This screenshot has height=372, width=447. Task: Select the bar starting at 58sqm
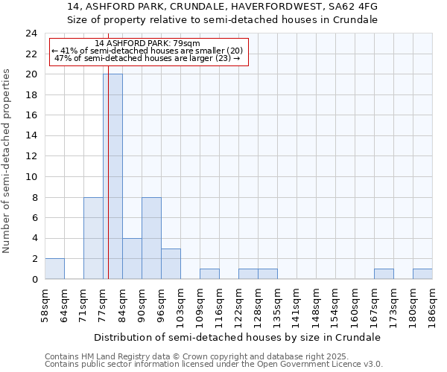(54, 269)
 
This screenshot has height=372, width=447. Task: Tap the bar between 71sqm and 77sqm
(93, 238)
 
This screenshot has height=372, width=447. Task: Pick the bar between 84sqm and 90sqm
(132, 258)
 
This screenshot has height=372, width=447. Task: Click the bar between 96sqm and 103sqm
(171, 263)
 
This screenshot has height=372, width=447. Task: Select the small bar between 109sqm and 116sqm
(209, 274)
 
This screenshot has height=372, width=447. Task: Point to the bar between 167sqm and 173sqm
(384, 274)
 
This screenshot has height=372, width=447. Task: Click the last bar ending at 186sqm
(422, 274)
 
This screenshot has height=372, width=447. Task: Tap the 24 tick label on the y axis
(31, 33)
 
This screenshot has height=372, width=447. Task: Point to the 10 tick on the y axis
(31, 177)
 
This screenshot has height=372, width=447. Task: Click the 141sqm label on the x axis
(297, 305)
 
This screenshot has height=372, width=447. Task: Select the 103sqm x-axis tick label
(181, 305)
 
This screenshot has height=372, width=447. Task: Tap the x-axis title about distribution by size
(238, 337)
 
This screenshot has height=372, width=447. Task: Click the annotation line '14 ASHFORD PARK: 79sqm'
(148, 44)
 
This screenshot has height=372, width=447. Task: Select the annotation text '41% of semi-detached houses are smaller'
(148, 51)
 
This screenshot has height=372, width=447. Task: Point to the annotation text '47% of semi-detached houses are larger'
(148, 58)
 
